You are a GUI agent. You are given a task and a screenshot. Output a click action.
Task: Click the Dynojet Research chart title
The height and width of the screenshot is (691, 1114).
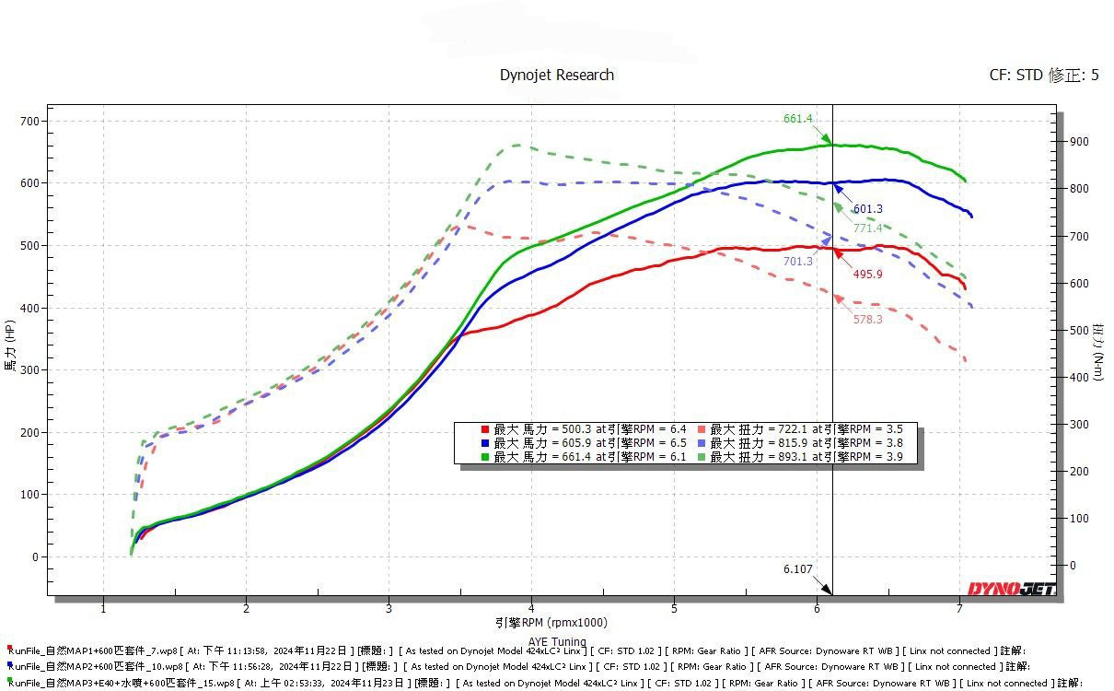(556, 75)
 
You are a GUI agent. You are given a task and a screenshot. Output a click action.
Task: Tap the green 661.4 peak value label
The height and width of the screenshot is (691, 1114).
(798, 119)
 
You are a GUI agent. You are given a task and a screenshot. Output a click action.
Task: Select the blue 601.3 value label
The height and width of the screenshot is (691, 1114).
(867, 209)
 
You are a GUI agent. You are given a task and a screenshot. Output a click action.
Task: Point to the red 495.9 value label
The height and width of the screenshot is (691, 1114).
(867, 274)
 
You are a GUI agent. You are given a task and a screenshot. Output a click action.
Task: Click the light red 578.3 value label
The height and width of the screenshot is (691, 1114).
(867, 319)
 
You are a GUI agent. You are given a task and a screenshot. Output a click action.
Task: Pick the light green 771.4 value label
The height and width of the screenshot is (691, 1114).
(867, 228)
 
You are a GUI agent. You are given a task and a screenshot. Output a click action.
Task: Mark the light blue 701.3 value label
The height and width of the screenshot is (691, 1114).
(798, 262)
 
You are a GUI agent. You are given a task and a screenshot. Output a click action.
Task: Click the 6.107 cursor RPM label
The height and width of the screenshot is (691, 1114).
(798, 568)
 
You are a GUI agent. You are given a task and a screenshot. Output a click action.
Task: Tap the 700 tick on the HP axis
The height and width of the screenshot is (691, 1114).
(30, 121)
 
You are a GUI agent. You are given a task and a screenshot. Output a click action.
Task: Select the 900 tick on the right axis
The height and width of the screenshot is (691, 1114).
(1078, 142)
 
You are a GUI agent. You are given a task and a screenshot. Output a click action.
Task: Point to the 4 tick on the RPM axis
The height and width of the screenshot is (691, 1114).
(532, 608)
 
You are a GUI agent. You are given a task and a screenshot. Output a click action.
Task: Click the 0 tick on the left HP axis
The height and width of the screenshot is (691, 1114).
(36, 556)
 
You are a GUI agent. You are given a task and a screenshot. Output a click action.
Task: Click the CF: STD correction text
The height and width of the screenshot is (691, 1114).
(1043, 76)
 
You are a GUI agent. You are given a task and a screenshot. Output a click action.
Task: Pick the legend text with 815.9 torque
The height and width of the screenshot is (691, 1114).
(806, 443)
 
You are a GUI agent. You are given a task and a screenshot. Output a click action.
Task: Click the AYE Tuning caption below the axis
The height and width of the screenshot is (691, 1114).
(556, 642)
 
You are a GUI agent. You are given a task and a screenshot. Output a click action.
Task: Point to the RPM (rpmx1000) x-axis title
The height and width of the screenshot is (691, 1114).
(551, 623)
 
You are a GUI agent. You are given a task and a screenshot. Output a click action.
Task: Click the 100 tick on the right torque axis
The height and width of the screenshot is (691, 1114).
(1078, 519)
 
